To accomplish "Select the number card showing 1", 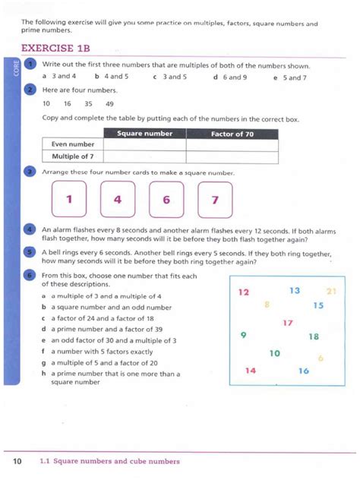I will (x=68, y=201).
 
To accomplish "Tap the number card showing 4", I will (x=117, y=201).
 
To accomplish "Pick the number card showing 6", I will (x=166, y=201).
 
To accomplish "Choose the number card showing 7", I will (x=215, y=201).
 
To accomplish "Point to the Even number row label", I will (x=72, y=144).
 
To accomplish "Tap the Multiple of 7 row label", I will (x=72, y=156).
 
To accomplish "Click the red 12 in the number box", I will (x=244, y=292).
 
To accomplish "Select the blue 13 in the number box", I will (x=295, y=290).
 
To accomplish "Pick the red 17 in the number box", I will (x=287, y=323).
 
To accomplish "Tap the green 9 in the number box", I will (x=243, y=335).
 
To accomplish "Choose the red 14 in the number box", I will (x=251, y=371).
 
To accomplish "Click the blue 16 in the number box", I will (x=304, y=371).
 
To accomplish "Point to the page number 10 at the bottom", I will (x=17, y=461).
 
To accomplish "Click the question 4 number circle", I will (x=30, y=229).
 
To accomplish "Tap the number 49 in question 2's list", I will (x=110, y=103).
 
